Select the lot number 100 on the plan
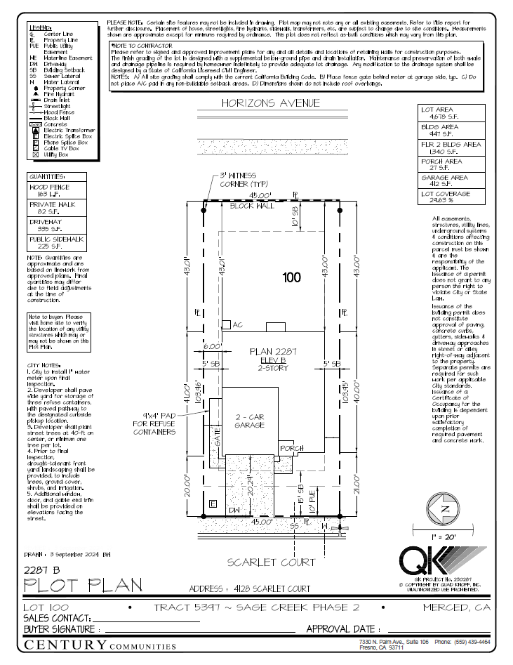(291, 277)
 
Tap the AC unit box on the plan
(227, 325)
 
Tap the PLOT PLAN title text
(83, 585)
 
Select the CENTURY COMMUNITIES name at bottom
(100, 645)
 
